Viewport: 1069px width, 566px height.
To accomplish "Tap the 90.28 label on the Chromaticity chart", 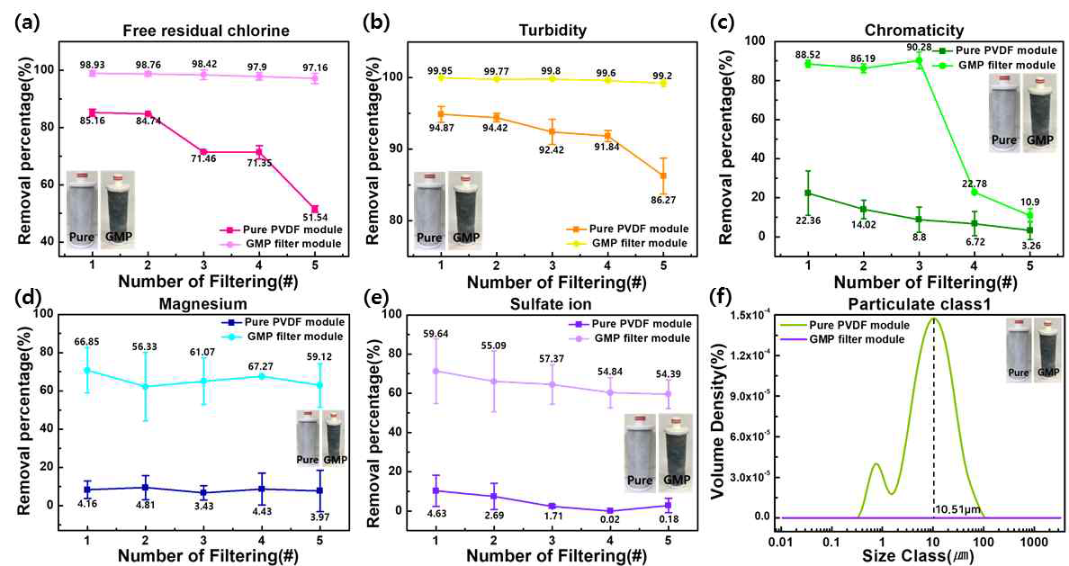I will [x=919, y=47].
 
